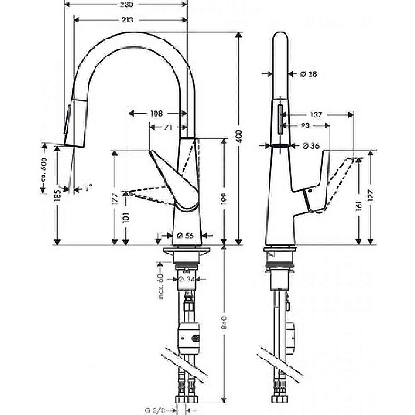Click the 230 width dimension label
click(x=127, y=5)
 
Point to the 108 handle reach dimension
click(x=156, y=113)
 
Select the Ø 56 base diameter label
click(x=186, y=235)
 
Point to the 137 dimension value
click(x=316, y=115)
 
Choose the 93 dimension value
click(x=305, y=125)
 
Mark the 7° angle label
click(x=88, y=188)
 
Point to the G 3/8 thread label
click(x=155, y=410)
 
